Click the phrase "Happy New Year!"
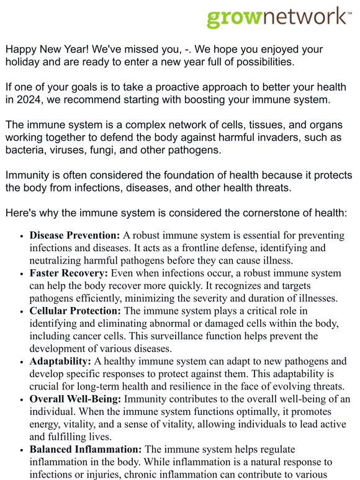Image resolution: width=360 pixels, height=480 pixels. click(45, 49)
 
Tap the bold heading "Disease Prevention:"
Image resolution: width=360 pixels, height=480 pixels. click(74, 236)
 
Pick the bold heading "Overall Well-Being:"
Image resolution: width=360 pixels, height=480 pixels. click(74, 399)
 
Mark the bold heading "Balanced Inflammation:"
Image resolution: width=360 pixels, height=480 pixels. click(86, 448)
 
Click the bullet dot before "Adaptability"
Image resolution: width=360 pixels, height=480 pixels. click(22, 362)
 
